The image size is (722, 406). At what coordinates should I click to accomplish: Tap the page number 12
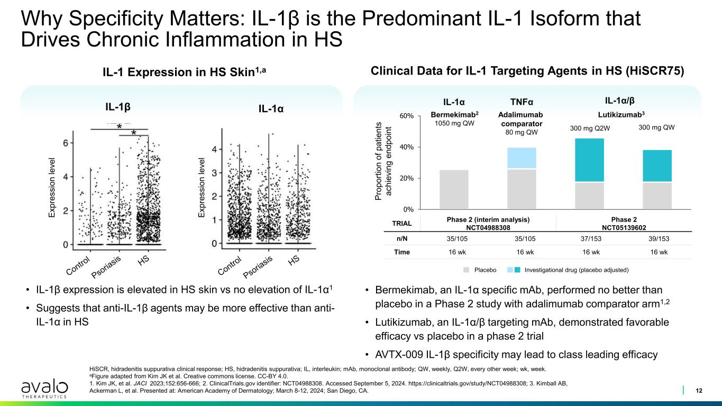coord(699,391)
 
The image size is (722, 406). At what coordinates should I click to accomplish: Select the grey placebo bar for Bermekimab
coord(454,189)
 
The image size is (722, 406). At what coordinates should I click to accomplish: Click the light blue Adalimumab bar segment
coord(522,158)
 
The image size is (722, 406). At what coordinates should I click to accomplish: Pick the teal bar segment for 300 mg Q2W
coord(589,160)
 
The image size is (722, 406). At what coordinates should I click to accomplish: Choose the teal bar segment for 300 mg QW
coord(657,166)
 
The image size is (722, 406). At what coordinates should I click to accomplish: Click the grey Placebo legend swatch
coord(467,270)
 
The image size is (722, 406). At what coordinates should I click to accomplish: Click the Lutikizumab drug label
coord(619,114)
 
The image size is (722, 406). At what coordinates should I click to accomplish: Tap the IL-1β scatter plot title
coord(118,106)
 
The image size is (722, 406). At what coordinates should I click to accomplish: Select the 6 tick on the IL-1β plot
coord(65,143)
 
